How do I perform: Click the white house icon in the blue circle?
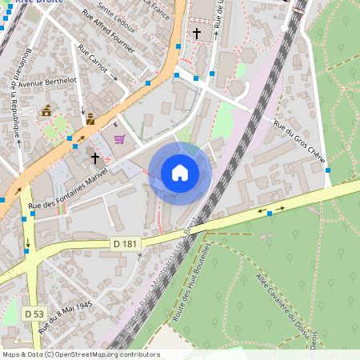180,173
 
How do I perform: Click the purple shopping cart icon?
119,139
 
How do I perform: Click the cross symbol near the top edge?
197,34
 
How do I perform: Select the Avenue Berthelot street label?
46,82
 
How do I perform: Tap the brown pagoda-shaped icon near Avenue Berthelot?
46,110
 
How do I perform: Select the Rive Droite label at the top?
40,2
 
